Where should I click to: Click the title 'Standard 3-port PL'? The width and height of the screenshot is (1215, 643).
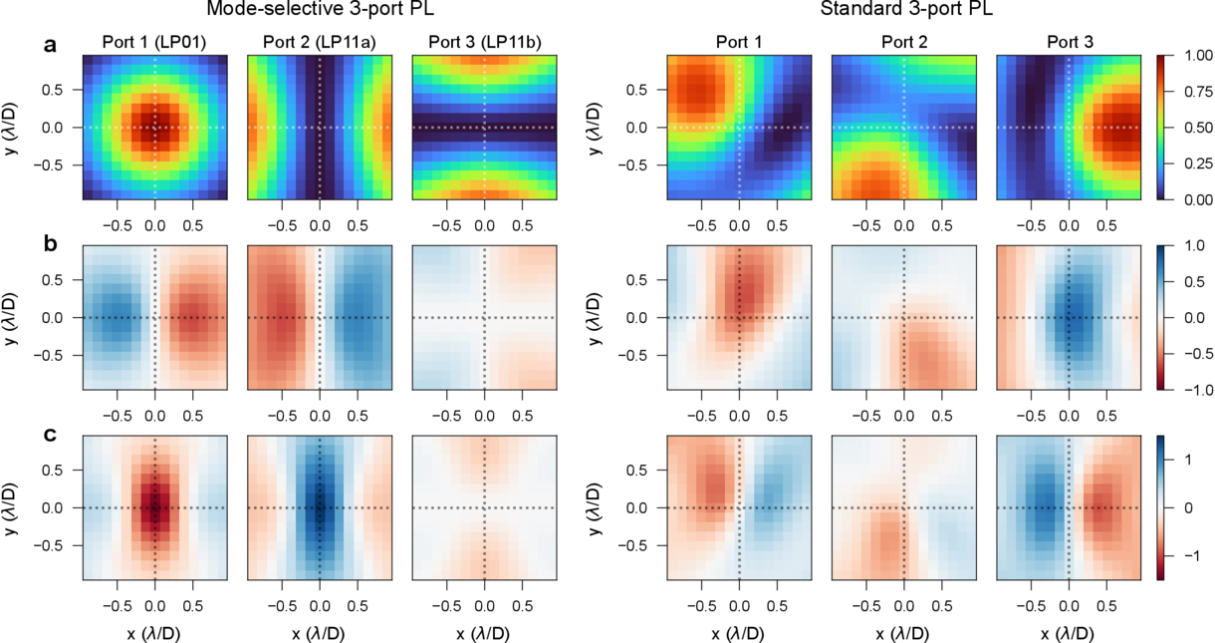coord(902,10)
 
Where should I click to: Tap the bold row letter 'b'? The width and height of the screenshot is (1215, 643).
coord(50,240)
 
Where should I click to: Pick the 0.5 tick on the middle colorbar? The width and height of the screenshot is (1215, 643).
coord(1194,281)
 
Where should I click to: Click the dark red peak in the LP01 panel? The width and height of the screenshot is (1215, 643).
coord(155,127)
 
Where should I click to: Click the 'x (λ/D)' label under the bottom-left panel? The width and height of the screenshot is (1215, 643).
coord(154,633)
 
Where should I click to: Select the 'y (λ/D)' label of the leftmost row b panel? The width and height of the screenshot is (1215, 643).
coord(17,317)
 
